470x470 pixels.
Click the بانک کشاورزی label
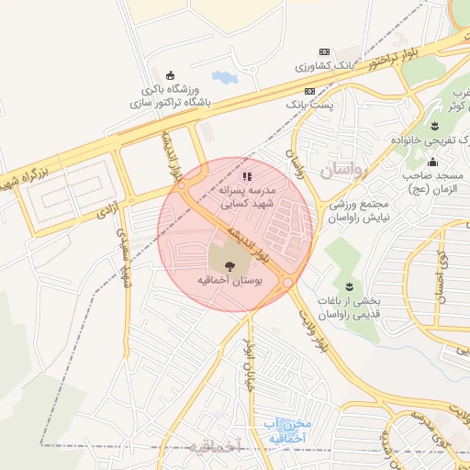point(323,67)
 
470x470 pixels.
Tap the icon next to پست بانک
point(310,92)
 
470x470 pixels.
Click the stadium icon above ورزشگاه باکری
point(169,75)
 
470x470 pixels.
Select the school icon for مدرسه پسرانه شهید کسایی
point(246,175)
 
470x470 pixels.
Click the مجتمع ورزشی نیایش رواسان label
point(357,210)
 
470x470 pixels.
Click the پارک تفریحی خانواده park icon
point(434,126)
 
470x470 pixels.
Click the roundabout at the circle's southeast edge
point(287,283)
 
